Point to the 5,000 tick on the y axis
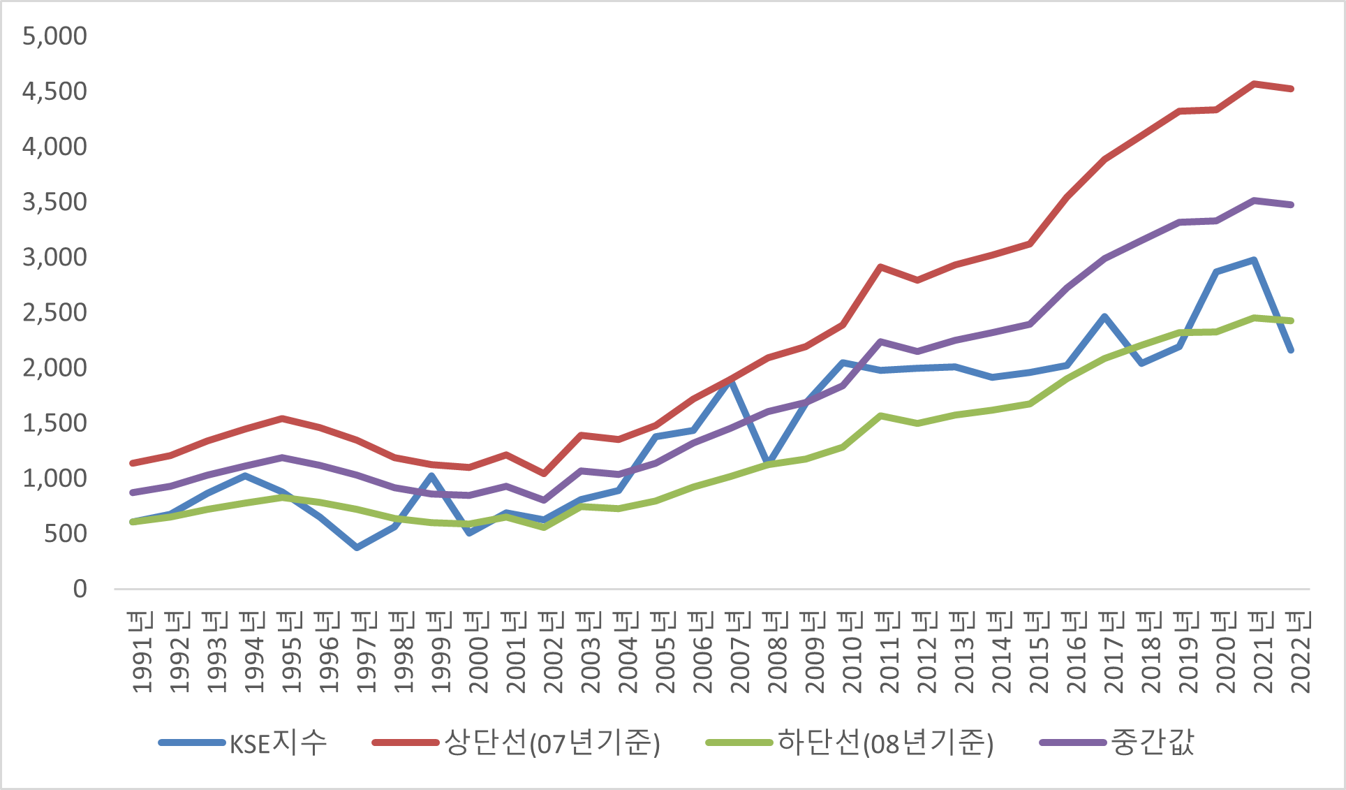click(x=54, y=36)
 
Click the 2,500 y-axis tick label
click(x=54, y=312)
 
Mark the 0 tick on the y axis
click(x=80, y=589)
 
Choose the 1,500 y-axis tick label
click(x=54, y=423)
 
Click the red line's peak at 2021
click(x=1255, y=84)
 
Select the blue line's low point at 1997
click(x=357, y=548)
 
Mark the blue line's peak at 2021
click(x=1255, y=261)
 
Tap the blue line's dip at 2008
click(x=768, y=464)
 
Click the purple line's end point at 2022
click(x=1292, y=205)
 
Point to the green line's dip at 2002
click(x=544, y=527)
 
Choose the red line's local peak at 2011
click(x=881, y=267)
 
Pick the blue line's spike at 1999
click(x=432, y=476)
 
